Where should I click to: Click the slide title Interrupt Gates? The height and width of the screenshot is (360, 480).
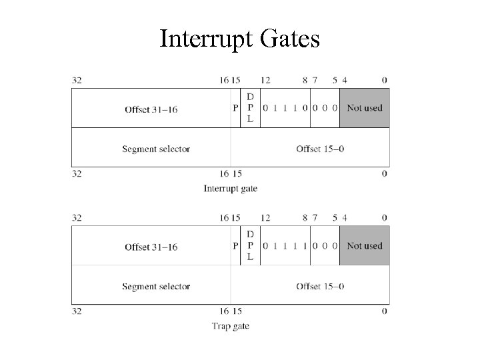[240, 39]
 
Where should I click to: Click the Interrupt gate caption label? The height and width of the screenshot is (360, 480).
[230, 189]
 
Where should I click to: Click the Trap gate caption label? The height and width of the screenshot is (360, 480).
[230, 326]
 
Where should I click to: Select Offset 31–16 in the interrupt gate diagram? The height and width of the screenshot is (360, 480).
[151, 109]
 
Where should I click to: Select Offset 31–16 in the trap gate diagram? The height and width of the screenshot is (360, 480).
[151, 247]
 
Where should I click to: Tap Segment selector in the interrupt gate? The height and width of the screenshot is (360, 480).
[156, 149]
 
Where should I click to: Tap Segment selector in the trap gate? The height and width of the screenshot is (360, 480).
[156, 287]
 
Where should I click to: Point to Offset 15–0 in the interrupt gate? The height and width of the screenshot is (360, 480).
[320, 149]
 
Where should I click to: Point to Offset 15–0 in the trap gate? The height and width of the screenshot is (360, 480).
[320, 287]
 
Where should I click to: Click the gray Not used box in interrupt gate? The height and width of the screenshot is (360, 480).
[365, 108]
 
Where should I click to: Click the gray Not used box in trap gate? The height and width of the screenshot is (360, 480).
[365, 246]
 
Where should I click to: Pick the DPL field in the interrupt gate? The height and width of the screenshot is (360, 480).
[250, 108]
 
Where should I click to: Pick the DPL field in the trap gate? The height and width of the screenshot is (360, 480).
[250, 246]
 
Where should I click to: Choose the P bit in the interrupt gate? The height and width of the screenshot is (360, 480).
[235, 109]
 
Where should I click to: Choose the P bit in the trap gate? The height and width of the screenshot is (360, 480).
[235, 247]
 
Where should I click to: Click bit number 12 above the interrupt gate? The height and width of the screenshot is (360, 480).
[265, 80]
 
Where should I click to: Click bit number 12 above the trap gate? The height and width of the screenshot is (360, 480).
[265, 218]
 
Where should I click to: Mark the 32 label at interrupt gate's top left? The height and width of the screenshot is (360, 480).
[77, 80]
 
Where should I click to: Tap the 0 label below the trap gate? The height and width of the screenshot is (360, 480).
[385, 311]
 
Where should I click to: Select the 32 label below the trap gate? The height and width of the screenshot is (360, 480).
[77, 311]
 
